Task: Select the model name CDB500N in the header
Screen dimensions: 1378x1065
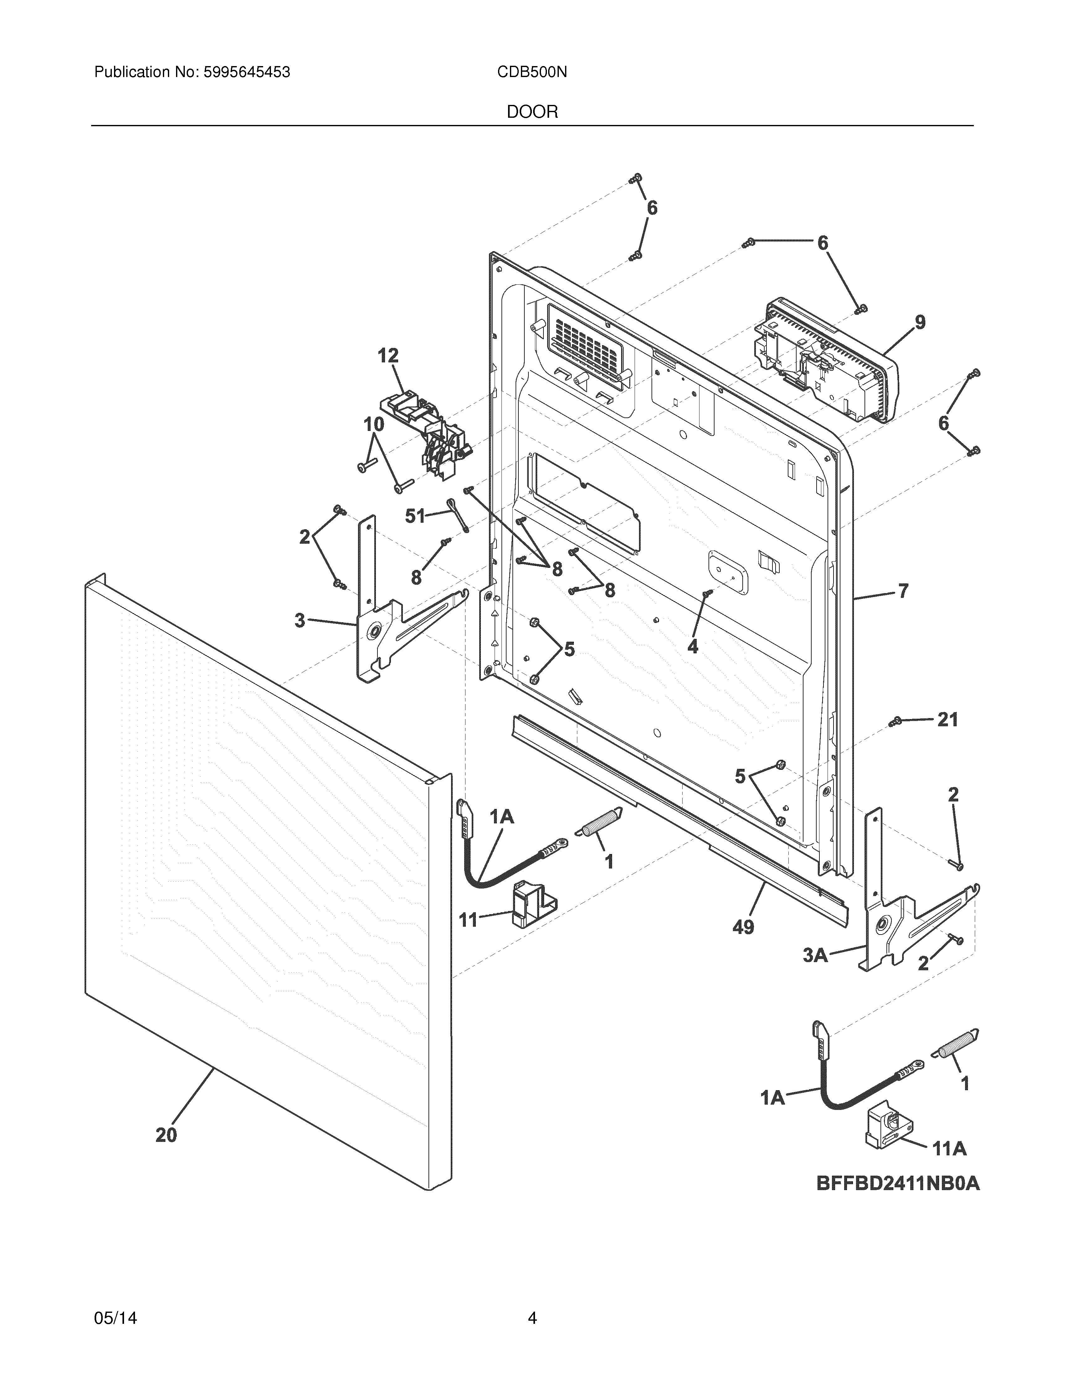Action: pyautogui.click(x=532, y=73)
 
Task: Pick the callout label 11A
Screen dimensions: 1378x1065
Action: pyautogui.click(x=949, y=1149)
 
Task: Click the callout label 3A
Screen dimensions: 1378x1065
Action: pyautogui.click(x=815, y=956)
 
